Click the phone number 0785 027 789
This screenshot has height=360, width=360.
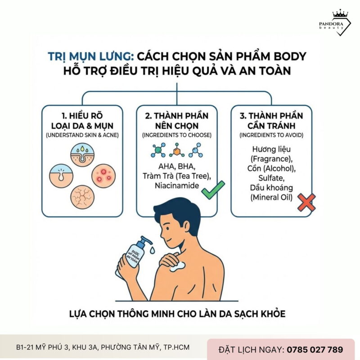(x=314, y=349)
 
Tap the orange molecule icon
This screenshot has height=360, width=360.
(x=177, y=150)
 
